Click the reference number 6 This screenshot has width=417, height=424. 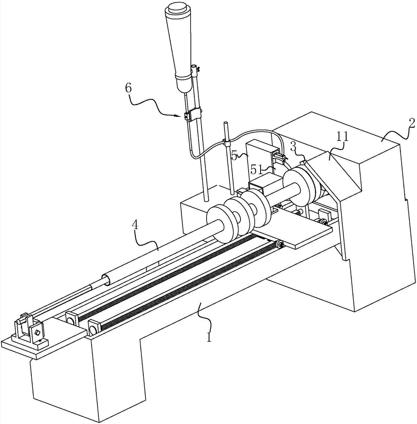coord(128,88)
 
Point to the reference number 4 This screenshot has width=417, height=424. coord(135,225)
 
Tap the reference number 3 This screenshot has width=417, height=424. coord(293,147)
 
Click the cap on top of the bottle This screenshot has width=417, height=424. coord(177,9)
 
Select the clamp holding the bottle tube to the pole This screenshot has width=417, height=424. coord(193,114)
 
